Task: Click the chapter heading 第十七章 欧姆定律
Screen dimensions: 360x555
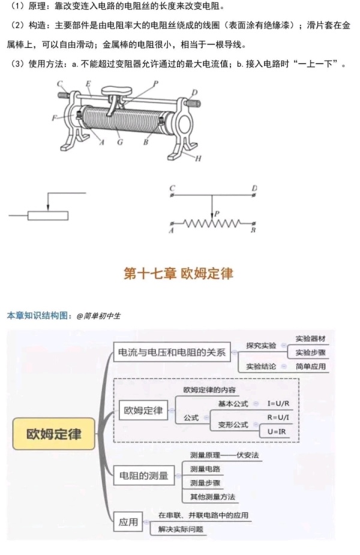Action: (x=178, y=274)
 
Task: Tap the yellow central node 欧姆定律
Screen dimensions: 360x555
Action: (x=54, y=434)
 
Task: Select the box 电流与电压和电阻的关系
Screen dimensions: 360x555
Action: (x=172, y=352)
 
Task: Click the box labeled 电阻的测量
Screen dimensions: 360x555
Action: (x=144, y=475)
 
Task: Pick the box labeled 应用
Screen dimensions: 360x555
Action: (x=128, y=522)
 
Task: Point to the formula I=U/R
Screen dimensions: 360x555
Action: (x=278, y=404)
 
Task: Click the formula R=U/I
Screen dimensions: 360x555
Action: (x=278, y=418)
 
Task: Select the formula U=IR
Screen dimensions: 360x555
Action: (x=277, y=431)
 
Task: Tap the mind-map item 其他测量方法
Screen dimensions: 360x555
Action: (x=212, y=497)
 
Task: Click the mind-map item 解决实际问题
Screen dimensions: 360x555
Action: (x=181, y=529)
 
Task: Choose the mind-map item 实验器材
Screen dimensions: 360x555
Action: (x=310, y=339)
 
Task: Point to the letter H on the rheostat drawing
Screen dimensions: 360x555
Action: (x=198, y=158)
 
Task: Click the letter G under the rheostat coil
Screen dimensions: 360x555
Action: (x=120, y=142)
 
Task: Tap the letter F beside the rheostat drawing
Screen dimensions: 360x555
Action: (x=55, y=118)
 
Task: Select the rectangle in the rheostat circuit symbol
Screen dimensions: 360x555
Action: (x=48, y=215)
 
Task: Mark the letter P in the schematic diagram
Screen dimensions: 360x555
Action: (x=217, y=214)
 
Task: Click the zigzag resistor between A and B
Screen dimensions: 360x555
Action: (x=212, y=223)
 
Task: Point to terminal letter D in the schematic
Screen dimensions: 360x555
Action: (x=254, y=188)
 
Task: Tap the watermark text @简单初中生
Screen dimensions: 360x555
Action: (x=98, y=316)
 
